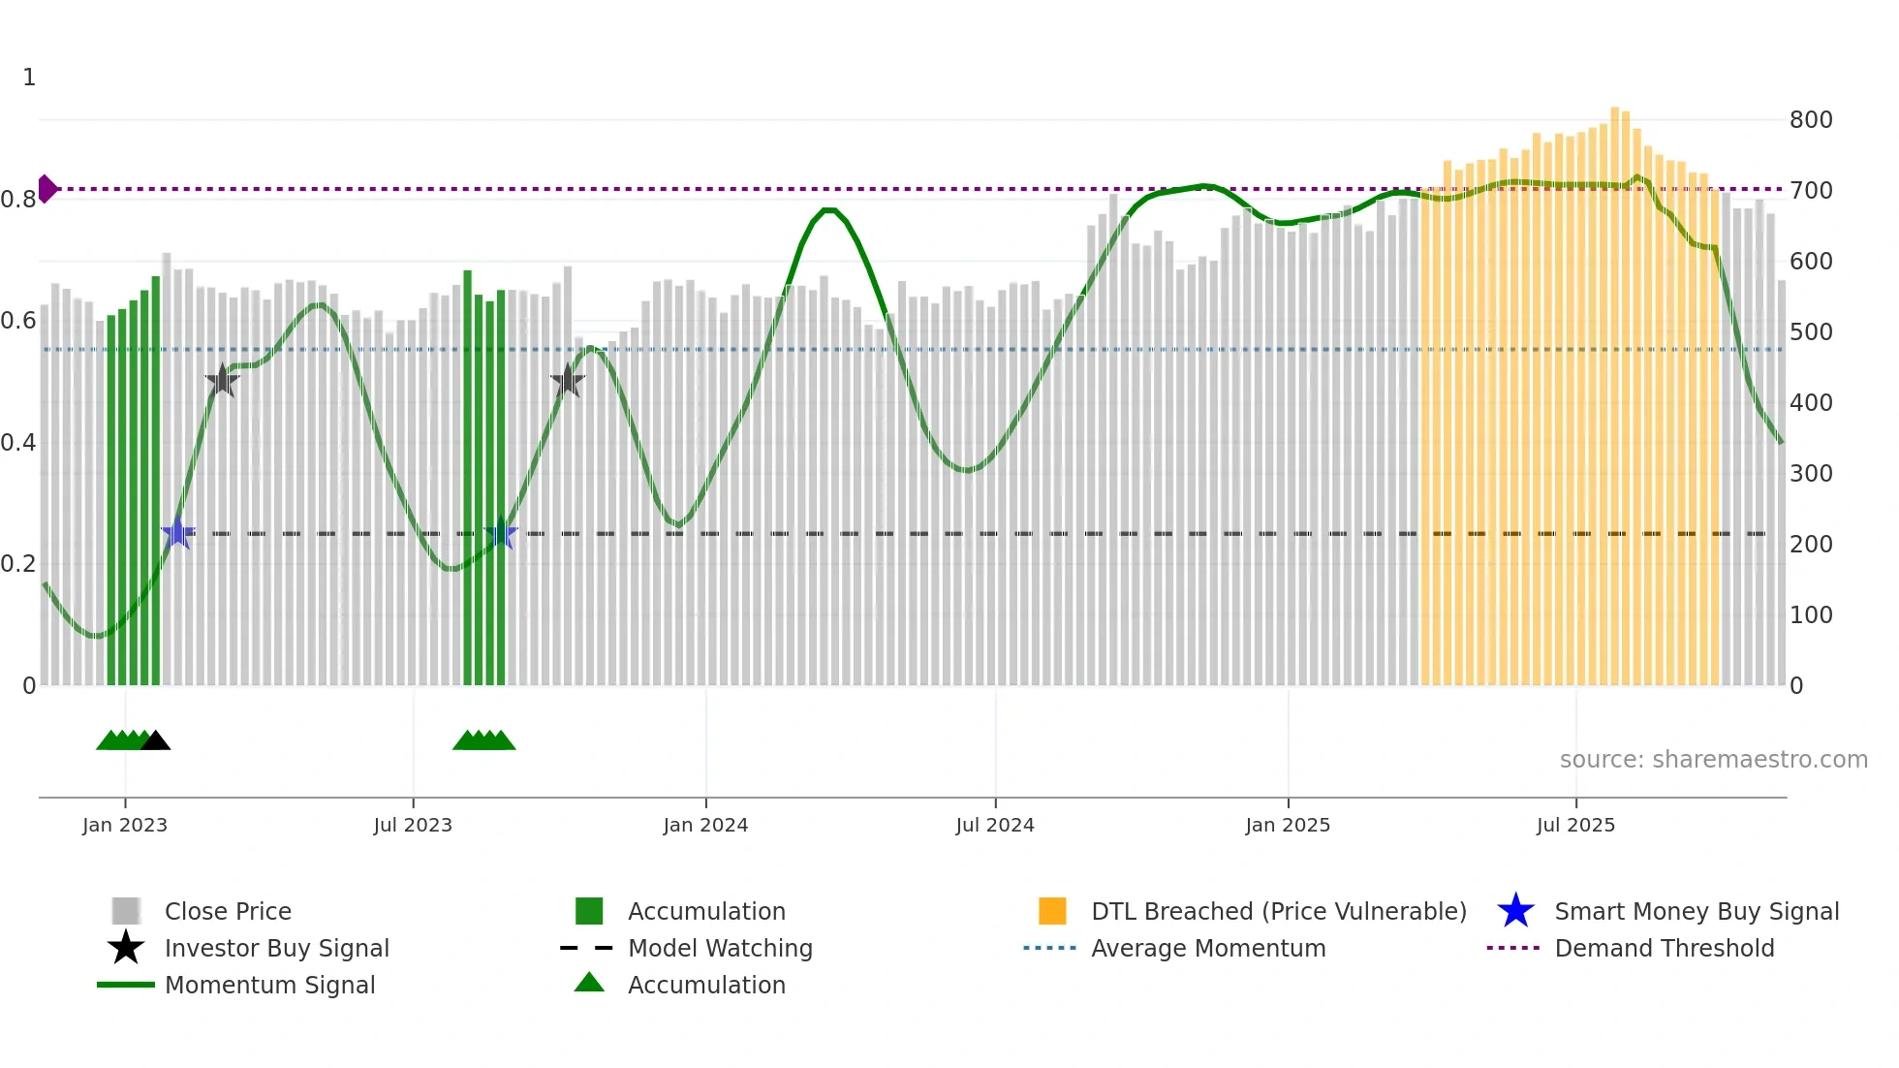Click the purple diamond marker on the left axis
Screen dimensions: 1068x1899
point(47,189)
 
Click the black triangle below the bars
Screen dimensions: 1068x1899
point(155,741)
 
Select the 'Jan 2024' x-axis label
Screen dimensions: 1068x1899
point(705,825)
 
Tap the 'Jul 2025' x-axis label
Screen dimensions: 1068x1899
point(1575,825)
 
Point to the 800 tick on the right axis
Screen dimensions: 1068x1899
point(1811,120)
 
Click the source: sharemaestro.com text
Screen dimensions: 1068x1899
point(1713,760)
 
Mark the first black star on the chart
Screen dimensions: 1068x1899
point(222,381)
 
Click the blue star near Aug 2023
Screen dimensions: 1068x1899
point(500,533)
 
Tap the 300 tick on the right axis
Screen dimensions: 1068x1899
point(1811,474)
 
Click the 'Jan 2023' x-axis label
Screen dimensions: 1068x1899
point(125,825)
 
